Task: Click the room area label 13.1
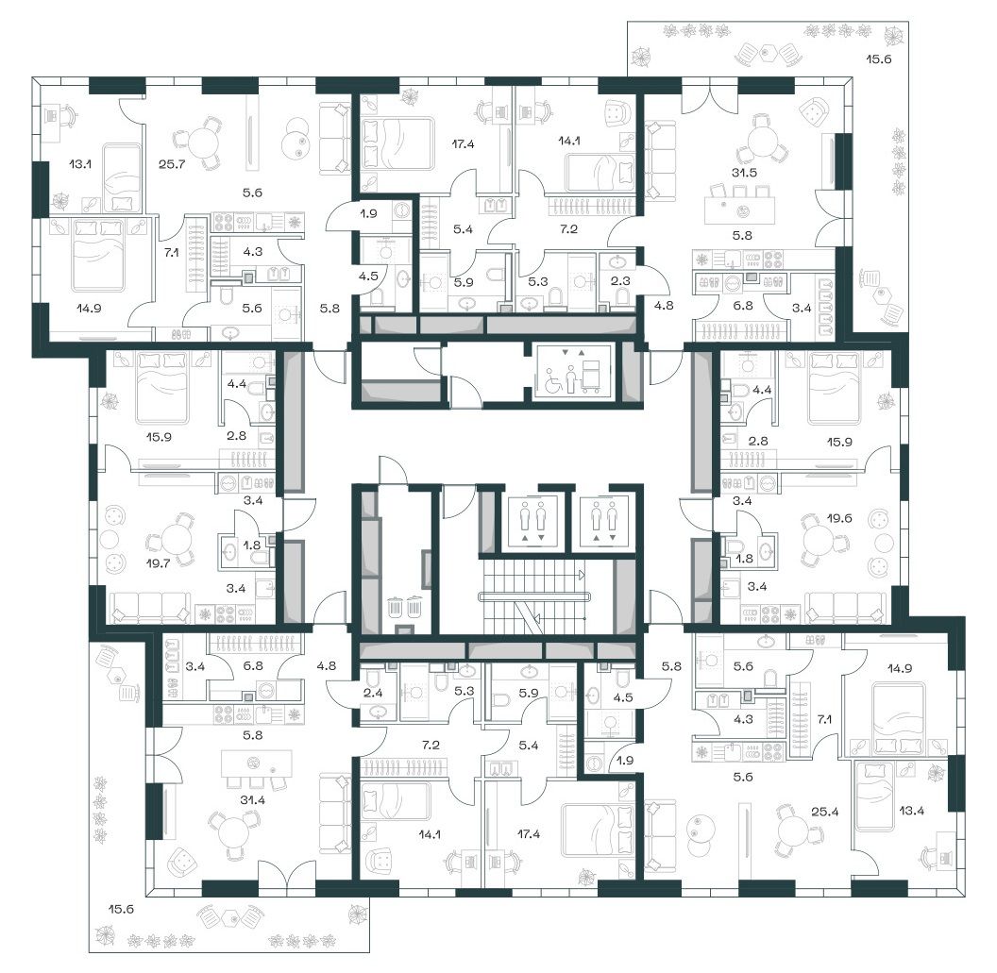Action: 80,164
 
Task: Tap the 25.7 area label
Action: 172,164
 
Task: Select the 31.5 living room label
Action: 744,173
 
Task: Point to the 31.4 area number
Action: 252,800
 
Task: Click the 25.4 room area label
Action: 824,812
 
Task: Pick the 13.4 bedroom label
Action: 911,811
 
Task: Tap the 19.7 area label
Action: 158,562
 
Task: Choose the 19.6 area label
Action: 839,518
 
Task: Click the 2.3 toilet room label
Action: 620,280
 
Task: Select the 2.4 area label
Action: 373,693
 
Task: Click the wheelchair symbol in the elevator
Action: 552,381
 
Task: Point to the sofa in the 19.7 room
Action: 150,608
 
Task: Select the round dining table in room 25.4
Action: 792,832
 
